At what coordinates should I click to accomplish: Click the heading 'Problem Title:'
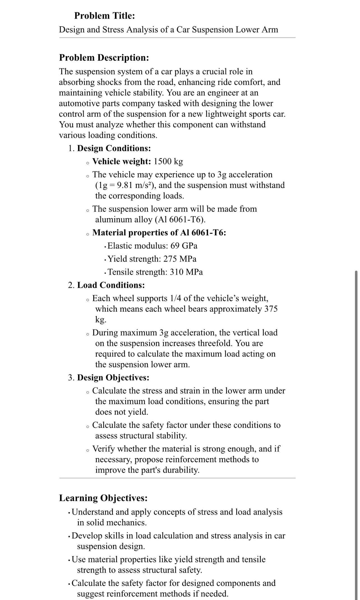click(104, 16)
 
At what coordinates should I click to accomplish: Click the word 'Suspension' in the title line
click(206, 29)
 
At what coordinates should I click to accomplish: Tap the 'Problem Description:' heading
click(104, 58)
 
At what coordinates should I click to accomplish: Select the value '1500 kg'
click(168, 161)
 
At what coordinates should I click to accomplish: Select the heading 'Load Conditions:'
click(111, 285)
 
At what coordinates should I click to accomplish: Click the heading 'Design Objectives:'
click(113, 378)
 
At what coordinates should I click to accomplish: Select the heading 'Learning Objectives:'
click(103, 498)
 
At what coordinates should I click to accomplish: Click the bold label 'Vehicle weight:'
click(122, 161)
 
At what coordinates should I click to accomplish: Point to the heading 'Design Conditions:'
click(114, 148)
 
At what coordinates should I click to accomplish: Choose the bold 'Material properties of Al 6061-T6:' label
click(159, 233)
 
